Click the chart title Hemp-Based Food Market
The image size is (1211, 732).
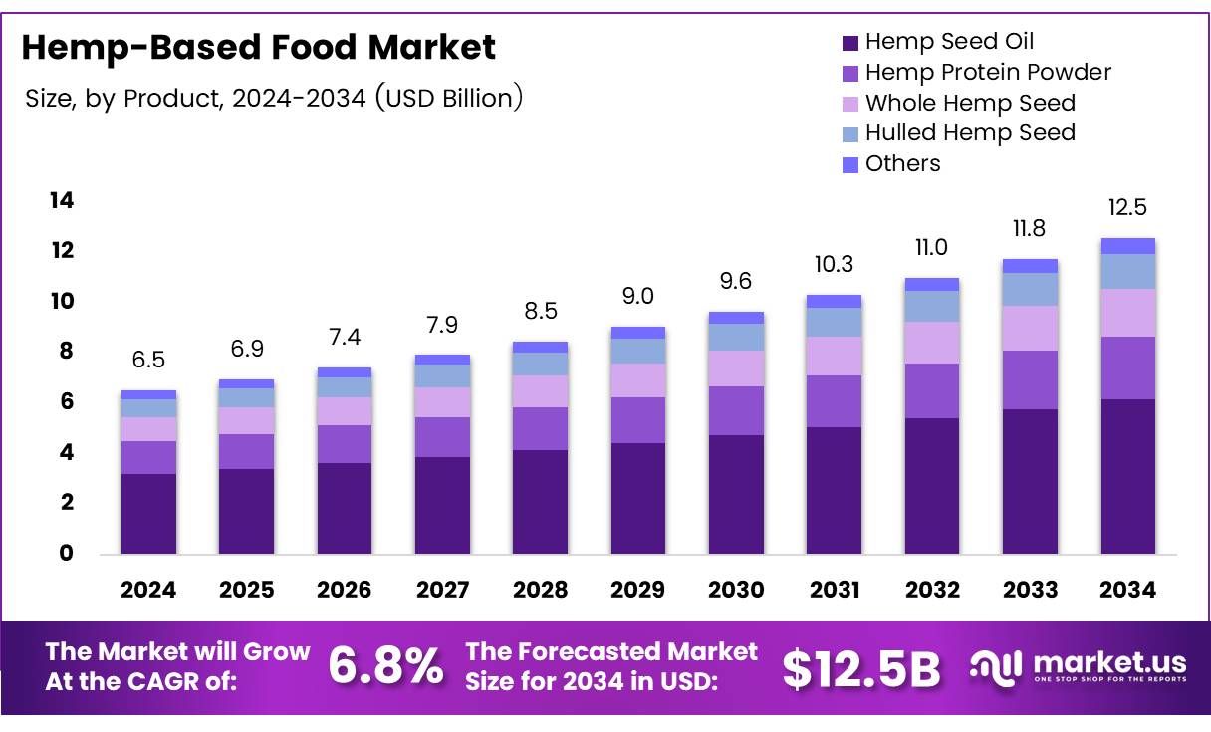pyautogui.click(x=258, y=47)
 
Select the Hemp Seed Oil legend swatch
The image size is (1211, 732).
pyautogui.click(x=850, y=42)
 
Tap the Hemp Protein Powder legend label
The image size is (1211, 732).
pyautogui.click(x=988, y=72)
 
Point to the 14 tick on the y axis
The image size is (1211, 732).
pyautogui.click(x=62, y=201)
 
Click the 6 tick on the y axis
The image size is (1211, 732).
pyautogui.click(x=66, y=401)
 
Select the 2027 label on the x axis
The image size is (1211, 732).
pyautogui.click(x=442, y=590)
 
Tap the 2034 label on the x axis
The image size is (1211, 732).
pyautogui.click(x=1127, y=590)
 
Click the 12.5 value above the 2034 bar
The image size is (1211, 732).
pyautogui.click(x=1127, y=208)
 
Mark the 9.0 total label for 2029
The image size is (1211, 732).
pyautogui.click(x=637, y=297)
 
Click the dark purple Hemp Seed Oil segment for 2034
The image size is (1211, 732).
pyautogui.click(x=1127, y=476)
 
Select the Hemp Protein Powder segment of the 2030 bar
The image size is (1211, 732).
pyautogui.click(x=736, y=410)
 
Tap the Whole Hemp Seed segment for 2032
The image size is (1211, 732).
pyautogui.click(x=931, y=343)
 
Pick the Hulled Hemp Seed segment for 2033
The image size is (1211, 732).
pyautogui.click(x=1030, y=289)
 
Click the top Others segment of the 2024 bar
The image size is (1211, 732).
pyautogui.click(x=148, y=394)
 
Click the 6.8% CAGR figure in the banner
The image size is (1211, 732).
pyautogui.click(x=386, y=667)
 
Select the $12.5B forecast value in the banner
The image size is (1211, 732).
pyautogui.click(x=861, y=669)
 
